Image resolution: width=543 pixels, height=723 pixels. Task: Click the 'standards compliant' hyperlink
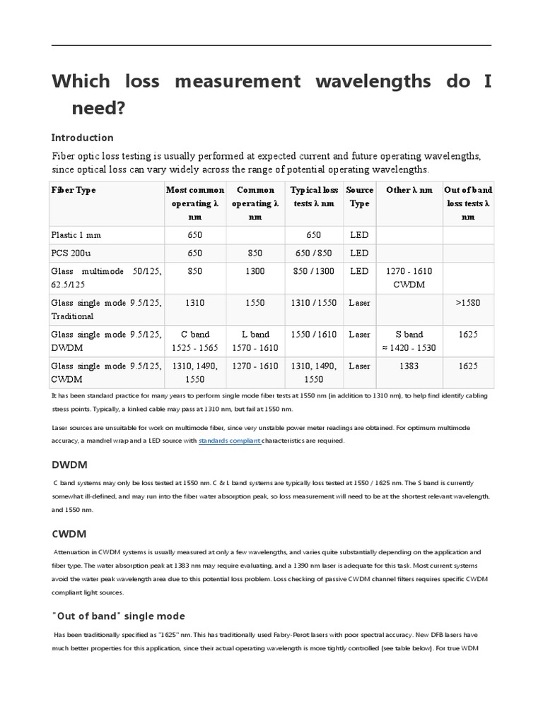pyautogui.click(x=230, y=441)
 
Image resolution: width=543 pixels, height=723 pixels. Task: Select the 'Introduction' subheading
pyautogui.click(x=83, y=138)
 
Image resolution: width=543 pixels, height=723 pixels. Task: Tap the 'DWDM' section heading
pyautogui.click(x=69, y=465)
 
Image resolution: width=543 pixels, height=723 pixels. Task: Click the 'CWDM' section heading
pyautogui.click(x=69, y=534)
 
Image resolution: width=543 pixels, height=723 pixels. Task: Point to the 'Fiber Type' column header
pyautogui.click(x=74, y=190)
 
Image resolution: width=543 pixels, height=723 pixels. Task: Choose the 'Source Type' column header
pyautogui.click(x=360, y=196)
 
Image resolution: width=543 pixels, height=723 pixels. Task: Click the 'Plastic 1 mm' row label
pyautogui.click(x=81, y=235)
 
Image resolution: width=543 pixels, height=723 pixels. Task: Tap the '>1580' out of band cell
pyautogui.click(x=467, y=303)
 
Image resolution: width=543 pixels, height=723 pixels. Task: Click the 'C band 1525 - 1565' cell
pyautogui.click(x=194, y=341)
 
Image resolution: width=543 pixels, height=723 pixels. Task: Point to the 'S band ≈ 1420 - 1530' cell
pyautogui.click(x=409, y=341)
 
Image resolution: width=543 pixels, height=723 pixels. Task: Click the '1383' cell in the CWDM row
pyautogui.click(x=409, y=366)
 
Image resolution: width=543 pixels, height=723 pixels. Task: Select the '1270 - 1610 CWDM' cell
pyautogui.click(x=409, y=277)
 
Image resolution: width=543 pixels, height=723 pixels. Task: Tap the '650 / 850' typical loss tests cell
pyautogui.click(x=314, y=253)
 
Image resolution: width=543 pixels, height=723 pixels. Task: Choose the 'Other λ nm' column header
pyautogui.click(x=409, y=190)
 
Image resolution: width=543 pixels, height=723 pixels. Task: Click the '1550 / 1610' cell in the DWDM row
pyautogui.click(x=314, y=334)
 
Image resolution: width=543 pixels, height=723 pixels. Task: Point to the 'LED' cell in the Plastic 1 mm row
pyautogui.click(x=359, y=235)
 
